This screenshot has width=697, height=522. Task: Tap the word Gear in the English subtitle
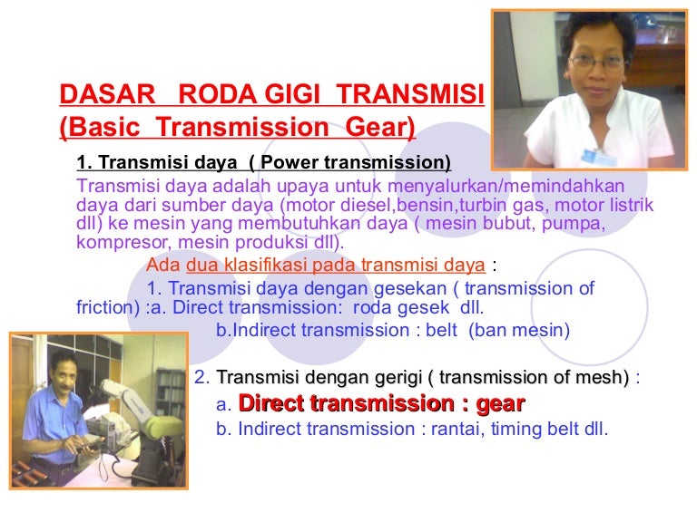[x=376, y=128]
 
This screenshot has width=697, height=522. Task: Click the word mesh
[x=605, y=377]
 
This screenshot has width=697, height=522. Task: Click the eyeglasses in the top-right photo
[x=597, y=63]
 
